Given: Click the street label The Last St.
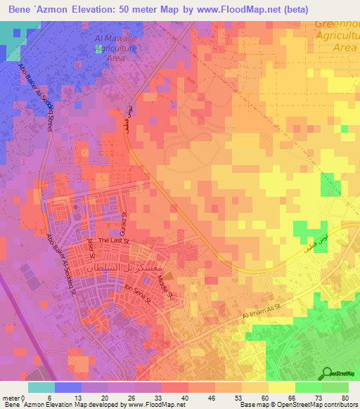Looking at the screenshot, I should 114,240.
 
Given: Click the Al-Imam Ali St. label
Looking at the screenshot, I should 262,310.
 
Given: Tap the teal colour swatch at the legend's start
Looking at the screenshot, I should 41,387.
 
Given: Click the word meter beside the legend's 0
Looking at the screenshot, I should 11,398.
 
